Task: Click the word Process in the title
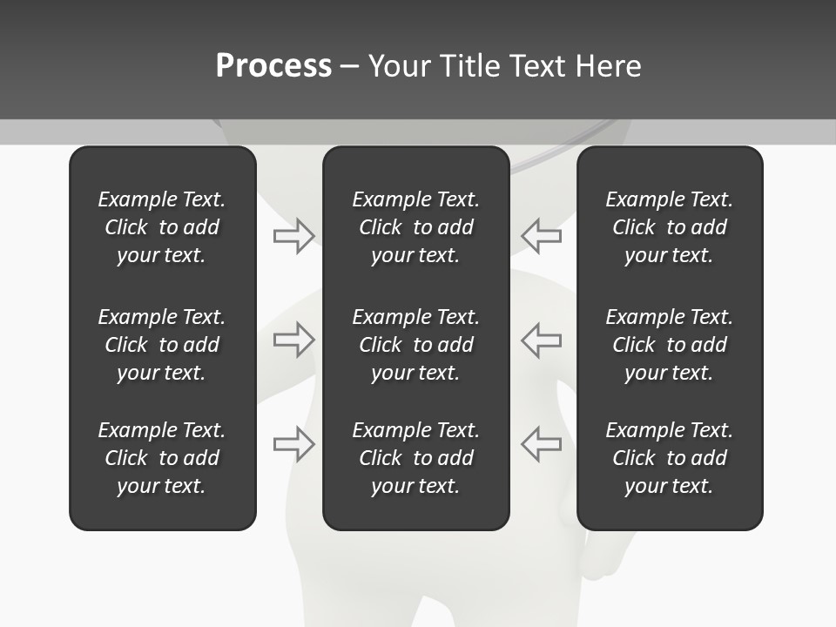coord(273,66)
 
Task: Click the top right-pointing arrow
coord(293,235)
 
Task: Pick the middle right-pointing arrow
coord(293,340)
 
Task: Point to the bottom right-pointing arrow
coord(293,443)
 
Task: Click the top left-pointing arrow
coord(542,235)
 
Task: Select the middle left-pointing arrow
coord(542,340)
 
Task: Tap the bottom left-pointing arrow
coord(542,443)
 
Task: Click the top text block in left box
coord(162,227)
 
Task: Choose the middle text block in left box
coord(162,345)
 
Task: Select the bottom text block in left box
coord(162,458)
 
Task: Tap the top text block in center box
coord(415,227)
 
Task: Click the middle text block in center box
coord(415,345)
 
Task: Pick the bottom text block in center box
coord(415,458)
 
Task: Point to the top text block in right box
coord(669,227)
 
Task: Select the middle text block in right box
coord(669,345)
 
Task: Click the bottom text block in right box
coord(669,458)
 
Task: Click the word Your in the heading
coord(400,66)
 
